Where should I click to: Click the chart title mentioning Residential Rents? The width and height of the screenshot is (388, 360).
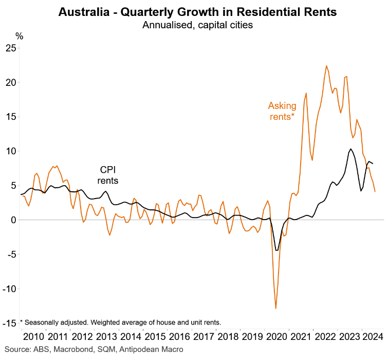tap(197, 12)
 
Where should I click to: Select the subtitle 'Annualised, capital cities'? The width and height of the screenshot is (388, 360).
tap(197, 25)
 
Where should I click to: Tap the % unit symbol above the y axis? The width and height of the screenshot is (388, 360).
tap(19, 36)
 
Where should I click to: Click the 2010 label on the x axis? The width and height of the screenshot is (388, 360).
tap(33, 337)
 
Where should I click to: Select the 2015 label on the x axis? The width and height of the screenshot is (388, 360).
tap(155, 337)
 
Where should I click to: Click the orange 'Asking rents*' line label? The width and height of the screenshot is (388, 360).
tap(282, 111)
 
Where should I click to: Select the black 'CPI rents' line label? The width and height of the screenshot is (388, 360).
tap(108, 175)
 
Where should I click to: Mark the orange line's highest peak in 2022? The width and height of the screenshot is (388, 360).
tap(326, 66)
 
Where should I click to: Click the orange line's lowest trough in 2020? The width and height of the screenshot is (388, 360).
tap(276, 309)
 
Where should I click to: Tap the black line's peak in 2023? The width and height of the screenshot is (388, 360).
tap(350, 149)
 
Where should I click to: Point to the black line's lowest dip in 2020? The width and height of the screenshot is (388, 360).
tap(276, 250)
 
